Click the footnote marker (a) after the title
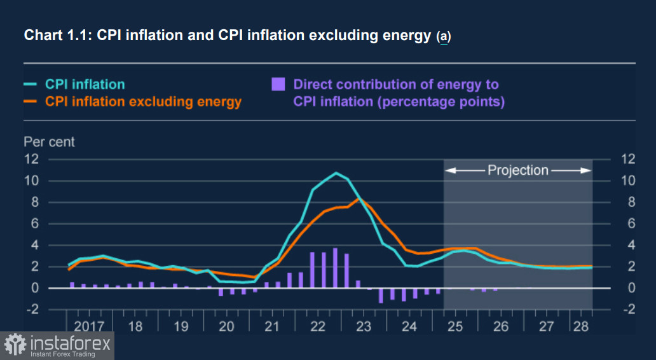point(443,37)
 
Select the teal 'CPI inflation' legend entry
point(85,84)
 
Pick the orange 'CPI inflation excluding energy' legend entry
point(143,101)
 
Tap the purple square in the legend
point(278,84)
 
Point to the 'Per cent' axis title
point(49,141)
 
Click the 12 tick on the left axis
point(32,159)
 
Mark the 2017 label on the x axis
point(89,327)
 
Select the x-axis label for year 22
point(318,327)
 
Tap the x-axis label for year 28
point(581,327)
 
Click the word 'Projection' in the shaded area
point(517,170)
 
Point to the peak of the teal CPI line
point(336,173)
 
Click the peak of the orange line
point(359,199)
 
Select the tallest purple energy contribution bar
point(335,268)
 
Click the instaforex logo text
point(70,344)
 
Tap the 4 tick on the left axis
point(35,245)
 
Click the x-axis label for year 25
point(454,327)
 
